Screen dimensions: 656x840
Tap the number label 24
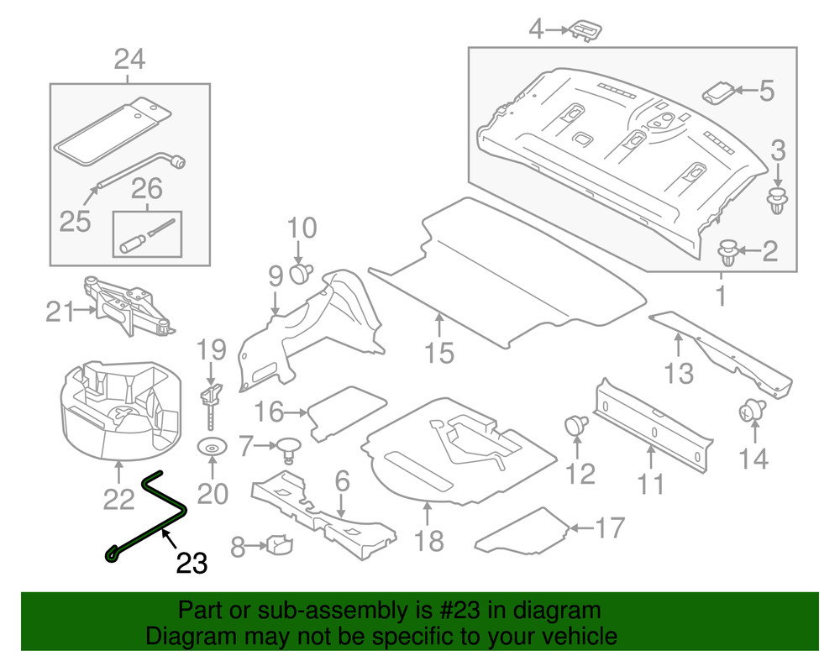click(x=129, y=60)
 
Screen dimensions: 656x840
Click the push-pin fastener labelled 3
click(x=778, y=202)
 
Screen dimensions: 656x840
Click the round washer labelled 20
click(x=212, y=448)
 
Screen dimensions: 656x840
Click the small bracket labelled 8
click(x=279, y=547)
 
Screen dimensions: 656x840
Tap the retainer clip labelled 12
click(x=576, y=424)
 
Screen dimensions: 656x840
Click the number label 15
click(x=439, y=352)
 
